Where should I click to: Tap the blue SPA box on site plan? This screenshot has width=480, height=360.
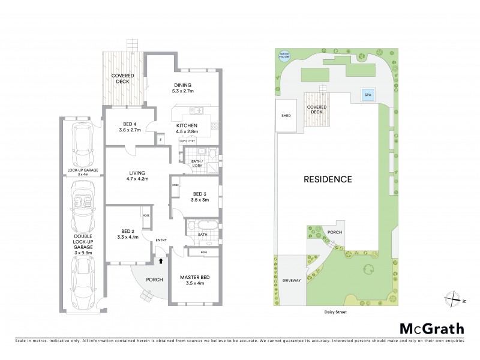(365, 95)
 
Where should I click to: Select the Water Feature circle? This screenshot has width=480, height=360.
(284, 56)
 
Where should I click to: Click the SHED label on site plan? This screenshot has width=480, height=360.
(286, 116)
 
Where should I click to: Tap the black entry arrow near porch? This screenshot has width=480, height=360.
(160, 261)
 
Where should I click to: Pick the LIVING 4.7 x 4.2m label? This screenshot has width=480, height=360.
(137, 175)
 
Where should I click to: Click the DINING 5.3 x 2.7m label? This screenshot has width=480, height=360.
(182, 88)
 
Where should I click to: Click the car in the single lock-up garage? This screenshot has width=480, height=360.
(83, 147)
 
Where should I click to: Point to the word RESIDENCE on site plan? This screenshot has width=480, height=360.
(327, 179)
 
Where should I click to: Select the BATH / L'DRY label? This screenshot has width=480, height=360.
(197, 163)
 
